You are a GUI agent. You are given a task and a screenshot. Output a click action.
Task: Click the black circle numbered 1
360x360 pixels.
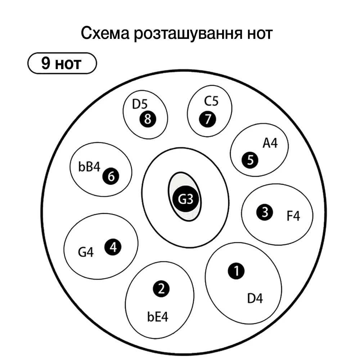coord(236,271)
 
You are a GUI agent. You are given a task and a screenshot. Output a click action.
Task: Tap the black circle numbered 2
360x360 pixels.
coord(161,288)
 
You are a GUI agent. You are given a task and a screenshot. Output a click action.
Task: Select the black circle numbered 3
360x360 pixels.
coord(265,213)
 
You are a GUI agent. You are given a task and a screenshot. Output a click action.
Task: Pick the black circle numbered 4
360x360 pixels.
coord(113,247)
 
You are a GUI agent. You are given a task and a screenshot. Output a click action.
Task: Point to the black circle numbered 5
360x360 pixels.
coord(250,160)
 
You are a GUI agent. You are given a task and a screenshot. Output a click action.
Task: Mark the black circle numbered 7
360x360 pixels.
coord(207,118)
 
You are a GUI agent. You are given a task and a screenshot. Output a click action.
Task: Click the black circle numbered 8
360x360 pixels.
coord(147,119)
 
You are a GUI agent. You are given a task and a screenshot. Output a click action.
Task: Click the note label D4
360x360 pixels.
coord(255,298)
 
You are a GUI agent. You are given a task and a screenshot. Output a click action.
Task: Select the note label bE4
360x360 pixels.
coord(158,317)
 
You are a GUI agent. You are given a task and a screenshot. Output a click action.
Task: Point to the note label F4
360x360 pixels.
coord(293,217)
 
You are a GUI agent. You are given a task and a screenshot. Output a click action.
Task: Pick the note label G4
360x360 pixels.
coord(86,252)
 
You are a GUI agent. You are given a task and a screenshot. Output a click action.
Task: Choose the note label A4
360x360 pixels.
coord(270,143)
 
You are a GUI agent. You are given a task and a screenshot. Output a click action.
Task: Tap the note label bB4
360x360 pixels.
coord(89,168)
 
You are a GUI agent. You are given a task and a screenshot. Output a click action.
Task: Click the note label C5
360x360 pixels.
coord(211,102)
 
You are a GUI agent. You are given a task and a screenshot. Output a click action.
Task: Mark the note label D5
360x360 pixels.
coord(140,104)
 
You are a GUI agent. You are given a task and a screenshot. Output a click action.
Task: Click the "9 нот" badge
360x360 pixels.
coord(62,63)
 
